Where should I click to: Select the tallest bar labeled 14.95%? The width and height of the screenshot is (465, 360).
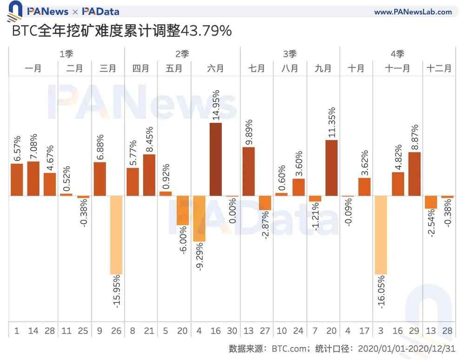215,159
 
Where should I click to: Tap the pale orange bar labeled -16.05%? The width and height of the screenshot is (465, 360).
381,235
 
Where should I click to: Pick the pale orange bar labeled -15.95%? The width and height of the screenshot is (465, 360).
116,235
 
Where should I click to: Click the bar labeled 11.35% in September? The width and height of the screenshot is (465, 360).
332,167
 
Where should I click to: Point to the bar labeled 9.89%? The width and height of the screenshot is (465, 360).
248,171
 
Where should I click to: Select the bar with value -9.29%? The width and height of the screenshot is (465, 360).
199,219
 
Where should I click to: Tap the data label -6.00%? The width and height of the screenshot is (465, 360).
182,241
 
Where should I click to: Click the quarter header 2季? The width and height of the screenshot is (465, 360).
182,54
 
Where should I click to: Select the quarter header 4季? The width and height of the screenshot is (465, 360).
397,54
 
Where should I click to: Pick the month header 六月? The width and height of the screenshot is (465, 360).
215,68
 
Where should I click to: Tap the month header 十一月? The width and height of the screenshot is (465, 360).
398,68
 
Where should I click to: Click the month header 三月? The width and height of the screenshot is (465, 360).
108,68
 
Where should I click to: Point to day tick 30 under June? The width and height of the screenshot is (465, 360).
232,331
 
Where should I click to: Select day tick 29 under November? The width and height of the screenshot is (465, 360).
414,331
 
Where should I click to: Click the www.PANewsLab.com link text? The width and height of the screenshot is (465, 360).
413,12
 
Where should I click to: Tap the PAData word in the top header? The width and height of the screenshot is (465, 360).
100,12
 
